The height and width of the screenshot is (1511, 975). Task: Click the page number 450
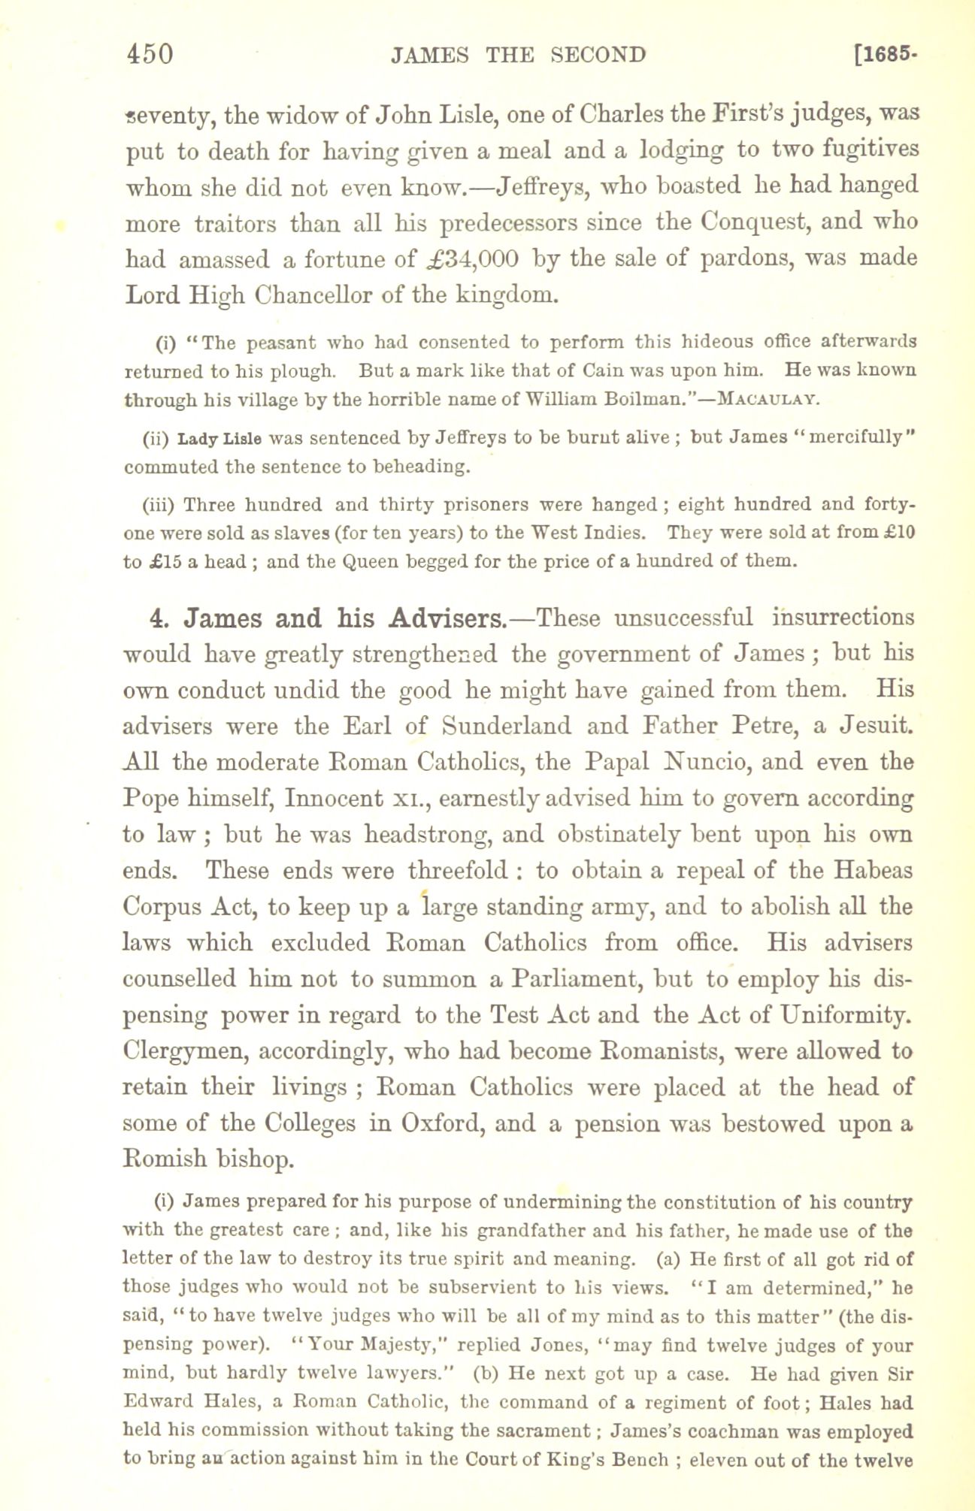tap(150, 55)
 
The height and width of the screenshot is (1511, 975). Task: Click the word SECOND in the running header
tap(598, 55)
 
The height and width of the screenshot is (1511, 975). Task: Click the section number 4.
tap(157, 618)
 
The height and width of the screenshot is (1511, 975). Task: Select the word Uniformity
tap(845, 1015)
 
